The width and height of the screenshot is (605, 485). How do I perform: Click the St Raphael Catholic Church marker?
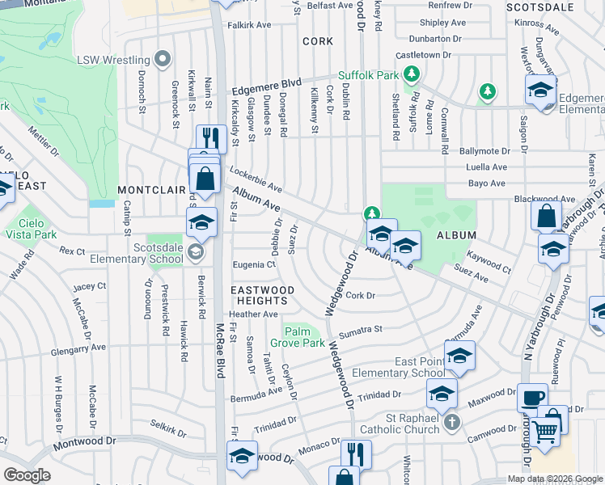(x=453, y=422)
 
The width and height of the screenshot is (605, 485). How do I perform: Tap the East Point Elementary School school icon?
(x=459, y=356)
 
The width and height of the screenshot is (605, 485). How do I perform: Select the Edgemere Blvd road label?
(x=267, y=86)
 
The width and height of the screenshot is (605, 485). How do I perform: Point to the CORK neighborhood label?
(x=317, y=40)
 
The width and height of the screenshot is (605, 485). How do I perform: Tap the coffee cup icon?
(x=531, y=398)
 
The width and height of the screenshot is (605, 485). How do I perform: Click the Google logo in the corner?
(x=27, y=475)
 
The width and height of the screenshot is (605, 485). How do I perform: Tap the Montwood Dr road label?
(x=81, y=443)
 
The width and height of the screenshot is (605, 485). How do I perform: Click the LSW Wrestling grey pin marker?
(x=163, y=59)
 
